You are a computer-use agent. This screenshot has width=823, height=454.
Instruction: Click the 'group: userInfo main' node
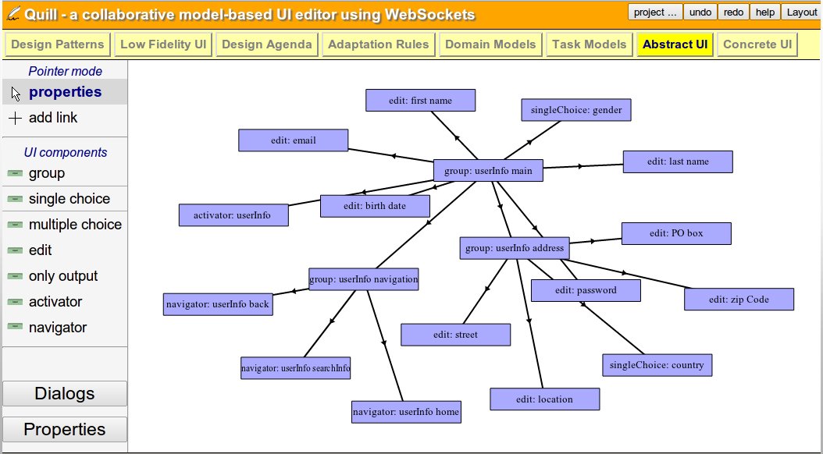pyautogui.click(x=488, y=171)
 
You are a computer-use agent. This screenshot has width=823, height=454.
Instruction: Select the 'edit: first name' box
pyautogui.click(x=420, y=101)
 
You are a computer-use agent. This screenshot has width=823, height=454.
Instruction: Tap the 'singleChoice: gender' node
pyautogui.click(x=576, y=110)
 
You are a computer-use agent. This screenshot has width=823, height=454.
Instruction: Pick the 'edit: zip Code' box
pyautogui.click(x=739, y=300)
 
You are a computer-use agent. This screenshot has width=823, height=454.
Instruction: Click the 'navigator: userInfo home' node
pyautogui.click(x=405, y=412)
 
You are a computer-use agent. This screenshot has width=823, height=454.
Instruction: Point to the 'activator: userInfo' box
pyautogui.click(x=233, y=215)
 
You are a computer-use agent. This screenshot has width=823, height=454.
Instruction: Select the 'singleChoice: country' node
pyautogui.click(x=657, y=365)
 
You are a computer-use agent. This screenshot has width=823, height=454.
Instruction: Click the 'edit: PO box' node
pyautogui.click(x=676, y=233)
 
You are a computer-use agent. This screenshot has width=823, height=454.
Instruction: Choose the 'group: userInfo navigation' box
pyautogui.click(x=363, y=279)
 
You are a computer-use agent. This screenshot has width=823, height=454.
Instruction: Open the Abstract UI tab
pyautogui.click(x=675, y=44)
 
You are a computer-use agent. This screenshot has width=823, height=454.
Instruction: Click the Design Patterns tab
pyautogui.click(x=58, y=44)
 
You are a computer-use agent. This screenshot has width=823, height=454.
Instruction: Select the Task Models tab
pyautogui.click(x=589, y=44)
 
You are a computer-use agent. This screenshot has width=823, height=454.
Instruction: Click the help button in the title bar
pyautogui.click(x=765, y=12)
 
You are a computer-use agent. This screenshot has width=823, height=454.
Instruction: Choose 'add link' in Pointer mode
pyautogui.click(x=53, y=118)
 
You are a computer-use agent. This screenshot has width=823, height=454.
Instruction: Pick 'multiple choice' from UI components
pyautogui.click(x=75, y=225)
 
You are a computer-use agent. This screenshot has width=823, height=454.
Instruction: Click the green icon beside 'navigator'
pyautogui.click(x=15, y=328)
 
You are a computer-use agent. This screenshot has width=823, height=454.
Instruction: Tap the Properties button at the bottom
pyautogui.click(x=65, y=429)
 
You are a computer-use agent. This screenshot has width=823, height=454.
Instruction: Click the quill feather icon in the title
pyautogui.click(x=12, y=13)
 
